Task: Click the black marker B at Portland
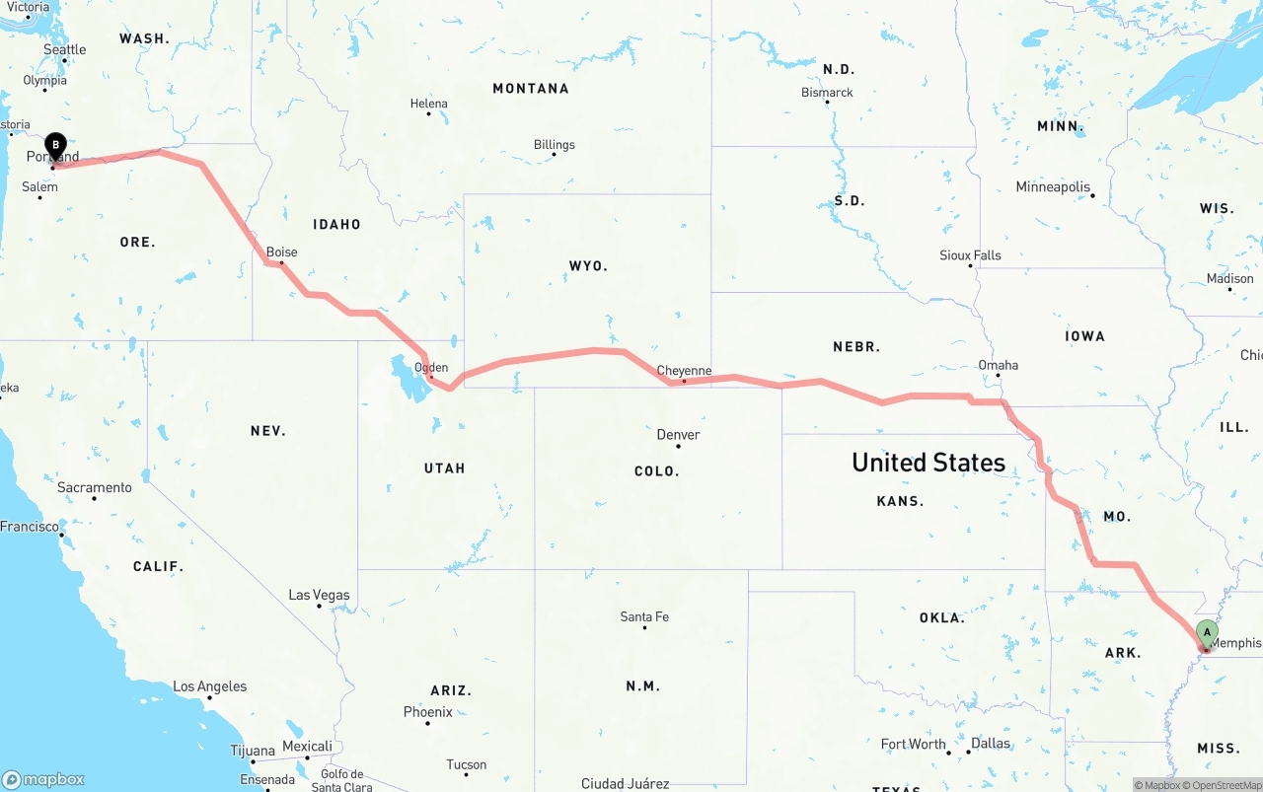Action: click(56, 147)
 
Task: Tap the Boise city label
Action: click(281, 252)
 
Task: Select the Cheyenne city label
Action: click(684, 371)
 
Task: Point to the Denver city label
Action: click(678, 435)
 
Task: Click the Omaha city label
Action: click(998, 365)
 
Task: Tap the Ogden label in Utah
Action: click(431, 368)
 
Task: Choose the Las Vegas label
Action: click(319, 595)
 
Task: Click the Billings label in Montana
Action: click(554, 145)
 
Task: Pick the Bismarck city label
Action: click(827, 93)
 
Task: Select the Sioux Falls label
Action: click(970, 255)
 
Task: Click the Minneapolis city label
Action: click(1053, 186)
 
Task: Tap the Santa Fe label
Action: click(644, 616)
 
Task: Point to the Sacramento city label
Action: click(94, 487)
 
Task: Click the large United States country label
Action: click(928, 462)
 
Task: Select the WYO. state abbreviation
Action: click(588, 266)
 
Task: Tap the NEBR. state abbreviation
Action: click(856, 347)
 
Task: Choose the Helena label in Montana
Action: click(428, 104)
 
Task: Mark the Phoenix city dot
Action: click(427, 724)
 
